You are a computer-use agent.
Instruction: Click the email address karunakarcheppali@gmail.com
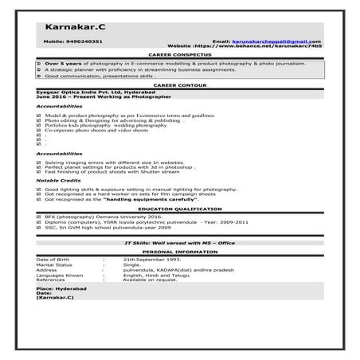pos(277,41)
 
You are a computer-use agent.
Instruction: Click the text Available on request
pos(148,280)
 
